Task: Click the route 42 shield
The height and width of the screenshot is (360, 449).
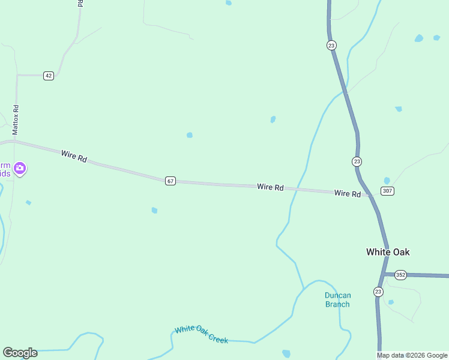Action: pyautogui.click(x=49, y=76)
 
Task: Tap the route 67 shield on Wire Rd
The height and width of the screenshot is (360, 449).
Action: pyautogui.click(x=170, y=181)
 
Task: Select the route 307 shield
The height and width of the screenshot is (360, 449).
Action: pyautogui.click(x=387, y=191)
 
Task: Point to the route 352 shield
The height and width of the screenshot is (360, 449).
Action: pyautogui.click(x=401, y=275)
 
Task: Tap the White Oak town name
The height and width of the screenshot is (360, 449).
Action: pyautogui.click(x=388, y=252)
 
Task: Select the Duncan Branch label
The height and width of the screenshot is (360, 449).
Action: pyautogui.click(x=337, y=299)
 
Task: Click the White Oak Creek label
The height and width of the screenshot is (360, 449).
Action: pyautogui.click(x=202, y=334)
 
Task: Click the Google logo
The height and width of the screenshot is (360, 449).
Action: pyautogui.click(x=20, y=353)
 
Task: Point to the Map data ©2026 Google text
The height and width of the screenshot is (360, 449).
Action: pyautogui.click(x=412, y=355)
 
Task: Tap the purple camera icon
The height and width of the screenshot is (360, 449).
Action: pyautogui.click(x=20, y=168)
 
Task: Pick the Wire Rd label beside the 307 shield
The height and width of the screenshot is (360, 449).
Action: pyautogui.click(x=348, y=194)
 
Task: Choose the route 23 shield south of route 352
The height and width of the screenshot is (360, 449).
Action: pyautogui.click(x=378, y=292)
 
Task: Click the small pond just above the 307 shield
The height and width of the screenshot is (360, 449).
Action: pyautogui.click(x=387, y=181)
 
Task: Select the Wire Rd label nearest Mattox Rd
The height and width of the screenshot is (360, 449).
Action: pyautogui.click(x=74, y=157)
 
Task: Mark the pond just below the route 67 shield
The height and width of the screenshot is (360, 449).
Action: pyautogui.click(x=154, y=211)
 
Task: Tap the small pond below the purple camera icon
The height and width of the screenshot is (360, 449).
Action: pyautogui.click(x=28, y=203)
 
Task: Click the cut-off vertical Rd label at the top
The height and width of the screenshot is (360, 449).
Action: pyautogui.click(x=80, y=3)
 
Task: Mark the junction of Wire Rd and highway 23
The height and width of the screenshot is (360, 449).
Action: pyautogui.click(x=369, y=195)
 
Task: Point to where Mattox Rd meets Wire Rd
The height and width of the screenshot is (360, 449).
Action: pyautogui.click(x=15, y=142)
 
